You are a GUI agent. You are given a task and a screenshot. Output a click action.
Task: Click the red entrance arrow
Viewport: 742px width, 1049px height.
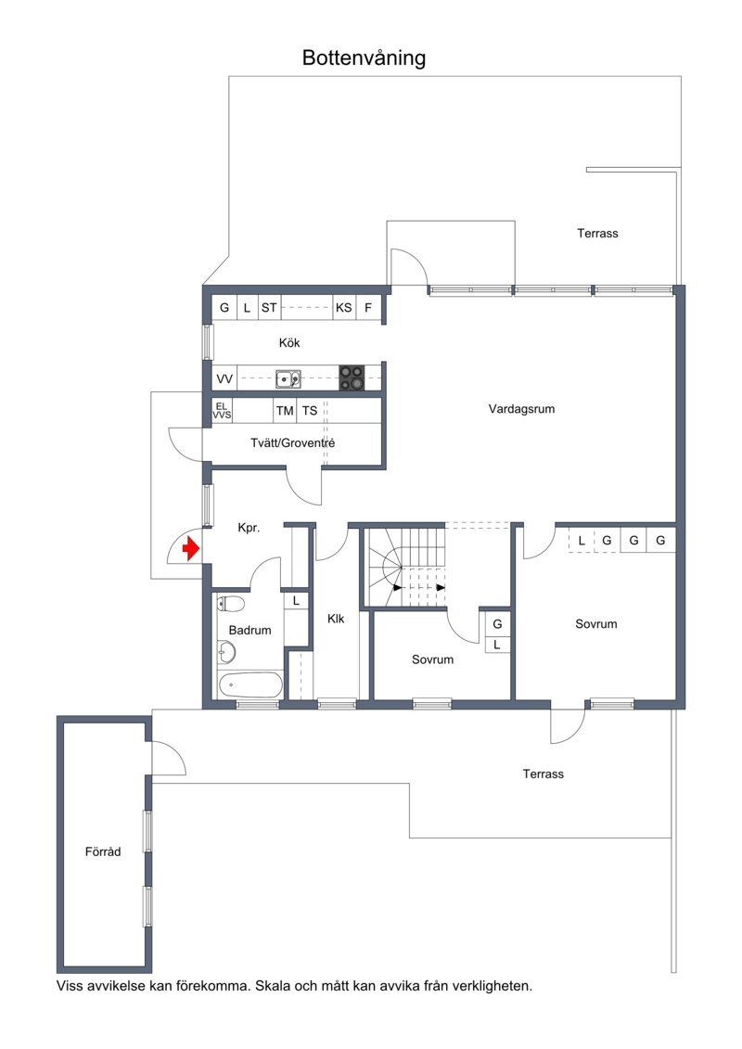tap(191, 550)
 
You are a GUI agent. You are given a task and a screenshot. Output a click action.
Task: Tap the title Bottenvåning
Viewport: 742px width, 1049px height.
tap(364, 58)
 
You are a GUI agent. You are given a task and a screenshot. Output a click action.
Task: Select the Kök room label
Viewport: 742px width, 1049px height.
tap(289, 342)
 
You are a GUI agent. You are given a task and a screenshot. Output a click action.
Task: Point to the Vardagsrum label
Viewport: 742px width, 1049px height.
tap(521, 409)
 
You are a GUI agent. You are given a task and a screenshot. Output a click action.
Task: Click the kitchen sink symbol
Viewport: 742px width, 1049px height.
tap(288, 379)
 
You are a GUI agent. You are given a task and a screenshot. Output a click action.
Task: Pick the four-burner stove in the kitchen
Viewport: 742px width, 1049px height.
tap(352, 378)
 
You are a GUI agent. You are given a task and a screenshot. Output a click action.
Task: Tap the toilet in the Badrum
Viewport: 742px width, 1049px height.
tap(231, 604)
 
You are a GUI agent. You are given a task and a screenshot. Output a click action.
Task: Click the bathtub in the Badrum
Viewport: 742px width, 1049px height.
tap(251, 684)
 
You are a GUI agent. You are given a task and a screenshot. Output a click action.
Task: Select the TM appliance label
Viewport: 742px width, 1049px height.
tap(285, 411)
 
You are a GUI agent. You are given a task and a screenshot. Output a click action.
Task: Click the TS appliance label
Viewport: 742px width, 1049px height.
tap(309, 411)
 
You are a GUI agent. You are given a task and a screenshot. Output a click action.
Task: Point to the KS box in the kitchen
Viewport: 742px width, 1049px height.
tap(344, 308)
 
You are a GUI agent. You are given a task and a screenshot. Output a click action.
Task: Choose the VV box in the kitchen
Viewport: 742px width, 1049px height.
tap(224, 379)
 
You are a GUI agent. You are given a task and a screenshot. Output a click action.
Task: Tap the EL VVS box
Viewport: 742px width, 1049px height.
tap(222, 411)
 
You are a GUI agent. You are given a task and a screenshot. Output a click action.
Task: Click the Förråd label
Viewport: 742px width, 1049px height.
tap(103, 851)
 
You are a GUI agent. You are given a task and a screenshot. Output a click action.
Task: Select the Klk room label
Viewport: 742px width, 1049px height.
tap(336, 619)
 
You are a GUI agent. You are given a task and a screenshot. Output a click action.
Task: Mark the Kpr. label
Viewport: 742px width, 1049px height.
tap(249, 528)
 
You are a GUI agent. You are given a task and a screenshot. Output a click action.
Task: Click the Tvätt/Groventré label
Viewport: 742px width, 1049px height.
tap(292, 443)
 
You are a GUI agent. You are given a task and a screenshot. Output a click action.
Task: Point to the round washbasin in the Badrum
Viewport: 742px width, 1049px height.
tap(227, 650)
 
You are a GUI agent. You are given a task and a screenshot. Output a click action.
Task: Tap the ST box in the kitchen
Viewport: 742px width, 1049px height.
tap(269, 308)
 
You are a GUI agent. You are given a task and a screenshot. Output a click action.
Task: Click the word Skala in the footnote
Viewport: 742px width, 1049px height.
tap(271, 985)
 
